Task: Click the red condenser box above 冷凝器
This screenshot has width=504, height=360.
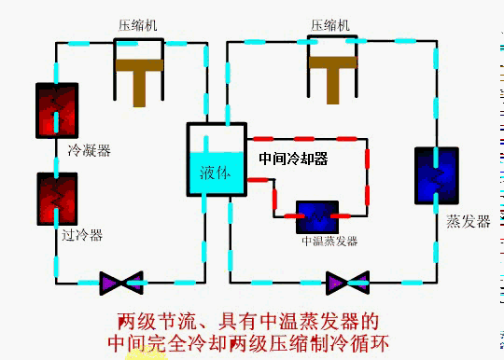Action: [x=56, y=111]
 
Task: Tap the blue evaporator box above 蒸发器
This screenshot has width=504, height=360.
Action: [x=436, y=175]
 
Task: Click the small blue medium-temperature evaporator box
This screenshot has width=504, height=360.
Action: [x=317, y=217]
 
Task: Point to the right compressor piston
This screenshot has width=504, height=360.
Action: [x=333, y=75]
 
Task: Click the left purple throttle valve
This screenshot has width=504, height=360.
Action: [x=121, y=280]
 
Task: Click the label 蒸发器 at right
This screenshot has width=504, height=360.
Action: [x=468, y=222]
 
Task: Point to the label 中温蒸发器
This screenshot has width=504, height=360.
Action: [x=329, y=242]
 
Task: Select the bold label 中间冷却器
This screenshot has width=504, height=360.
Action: [x=293, y=159]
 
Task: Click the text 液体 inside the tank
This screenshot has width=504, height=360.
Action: [x=215, y=173]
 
